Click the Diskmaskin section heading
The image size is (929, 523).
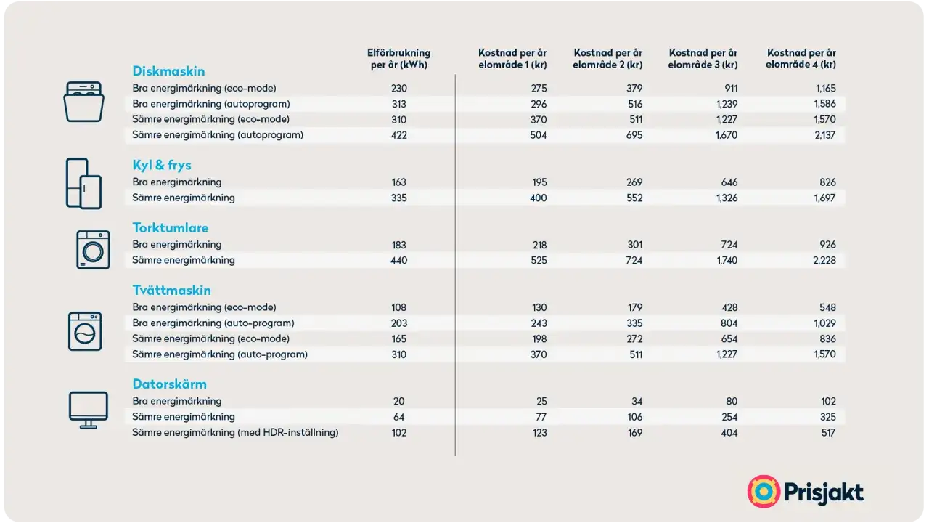coord(168,71)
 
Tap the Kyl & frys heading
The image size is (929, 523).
coord(162,165)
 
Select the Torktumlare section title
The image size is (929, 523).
coord(170,227)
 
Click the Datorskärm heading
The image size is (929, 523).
coord(169,384)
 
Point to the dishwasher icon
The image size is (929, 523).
coord(83,102)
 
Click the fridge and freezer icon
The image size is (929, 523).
coord(83,183)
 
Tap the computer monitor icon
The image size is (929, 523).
coord(88,410)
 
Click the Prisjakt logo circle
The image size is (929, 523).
coord(764,492)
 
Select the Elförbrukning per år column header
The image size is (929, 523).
coord(398,59)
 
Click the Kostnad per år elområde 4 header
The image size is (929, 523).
coord(801,59)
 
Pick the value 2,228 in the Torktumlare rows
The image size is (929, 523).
coord(824,260)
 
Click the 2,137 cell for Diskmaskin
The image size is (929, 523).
coord(824,135)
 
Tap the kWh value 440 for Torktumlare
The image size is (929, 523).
coord(398,260)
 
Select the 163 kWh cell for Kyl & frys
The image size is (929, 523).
coord(398,182)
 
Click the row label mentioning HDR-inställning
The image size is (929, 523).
coord(235,432)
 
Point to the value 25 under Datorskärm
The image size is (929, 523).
coord(541,402)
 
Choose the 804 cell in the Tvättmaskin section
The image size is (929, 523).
coord(729,323)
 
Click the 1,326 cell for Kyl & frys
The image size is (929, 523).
coord(727,198)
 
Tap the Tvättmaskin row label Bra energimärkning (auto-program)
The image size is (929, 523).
coord(213,323)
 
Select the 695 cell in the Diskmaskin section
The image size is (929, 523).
coord(634,135)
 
